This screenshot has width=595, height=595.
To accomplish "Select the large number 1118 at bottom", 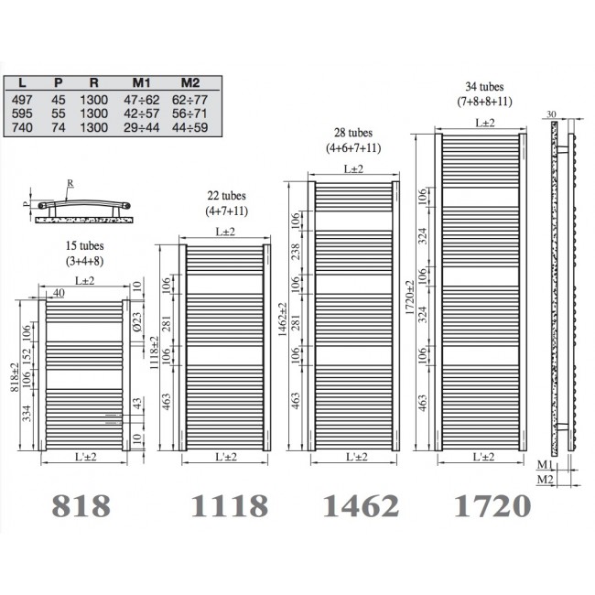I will [229, 505].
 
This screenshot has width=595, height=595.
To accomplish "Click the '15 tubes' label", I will [85, 245].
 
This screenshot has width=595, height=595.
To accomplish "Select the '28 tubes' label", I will [353, 134].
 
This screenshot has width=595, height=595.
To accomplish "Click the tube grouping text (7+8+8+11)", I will [486, 102].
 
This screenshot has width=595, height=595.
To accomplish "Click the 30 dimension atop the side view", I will [549, 114].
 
